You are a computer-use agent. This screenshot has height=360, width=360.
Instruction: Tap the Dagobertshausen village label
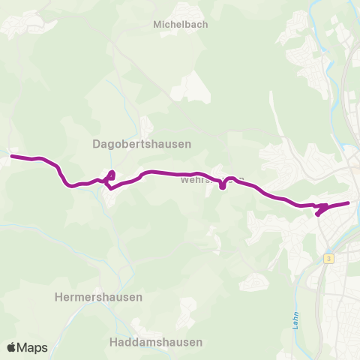click(x=142, y=143)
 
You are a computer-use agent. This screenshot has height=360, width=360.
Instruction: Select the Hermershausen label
click(x=98, y=297)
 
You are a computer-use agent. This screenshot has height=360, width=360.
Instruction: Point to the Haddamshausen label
click(x=155, y=342)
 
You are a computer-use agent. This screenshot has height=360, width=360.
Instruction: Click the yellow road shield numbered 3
click(x=328, y=258)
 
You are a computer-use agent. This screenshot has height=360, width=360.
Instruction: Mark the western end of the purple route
click(x=11, y=156)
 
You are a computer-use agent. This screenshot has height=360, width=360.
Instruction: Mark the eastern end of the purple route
click(x=349, y=202)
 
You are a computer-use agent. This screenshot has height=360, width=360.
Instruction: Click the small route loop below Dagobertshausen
click(x=110, y=178)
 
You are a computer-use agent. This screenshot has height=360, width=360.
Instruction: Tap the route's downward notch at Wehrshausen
click(x=223, y=187)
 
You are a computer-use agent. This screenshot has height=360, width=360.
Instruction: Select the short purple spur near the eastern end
click(x=319, y=212)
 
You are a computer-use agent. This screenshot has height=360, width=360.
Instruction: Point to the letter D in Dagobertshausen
click(x=96, y=143)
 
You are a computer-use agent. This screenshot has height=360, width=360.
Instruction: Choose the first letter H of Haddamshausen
click(x=112, y=342)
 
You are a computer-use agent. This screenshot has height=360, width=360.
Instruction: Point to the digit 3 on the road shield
click(x=328, y=258)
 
